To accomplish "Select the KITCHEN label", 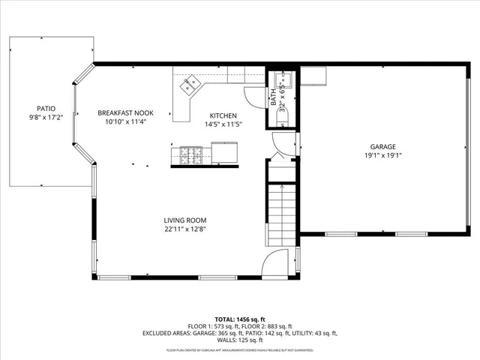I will [223, 115].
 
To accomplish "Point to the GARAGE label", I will [382, 147].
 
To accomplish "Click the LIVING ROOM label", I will [184, 220].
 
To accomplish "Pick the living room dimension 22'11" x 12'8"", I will [184, 229].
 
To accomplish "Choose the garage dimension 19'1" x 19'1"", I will [382, 156].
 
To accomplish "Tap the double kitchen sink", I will [188, 85].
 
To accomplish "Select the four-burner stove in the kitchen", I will [190, 155].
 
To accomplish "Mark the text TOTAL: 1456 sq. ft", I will [239, 319].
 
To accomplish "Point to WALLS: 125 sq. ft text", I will [239, 340].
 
